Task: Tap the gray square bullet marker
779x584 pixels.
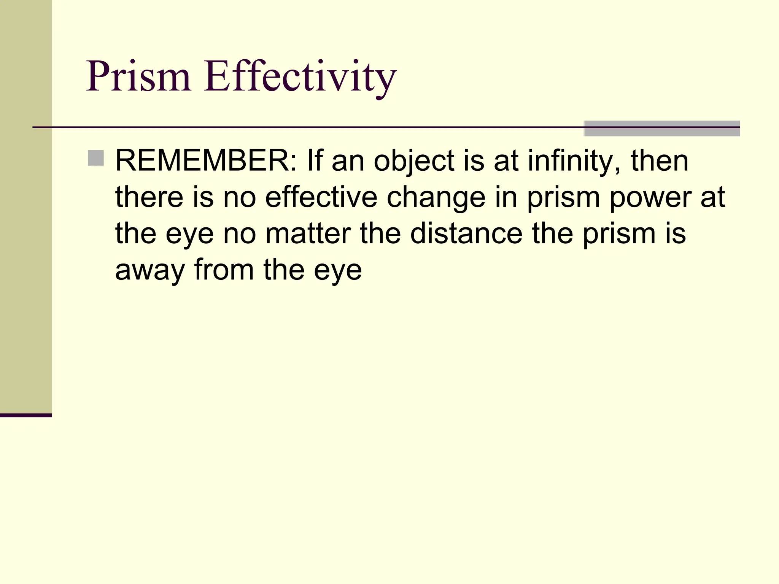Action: click(96, 158)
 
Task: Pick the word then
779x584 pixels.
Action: click(660, 161)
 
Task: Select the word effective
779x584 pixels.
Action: click(321, 197)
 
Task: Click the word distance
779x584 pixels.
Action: click(466, 233)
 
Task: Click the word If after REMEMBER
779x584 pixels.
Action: click(314, 161)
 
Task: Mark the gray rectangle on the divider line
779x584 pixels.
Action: click(661, 129)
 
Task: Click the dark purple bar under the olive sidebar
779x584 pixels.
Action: click(26, 415)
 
